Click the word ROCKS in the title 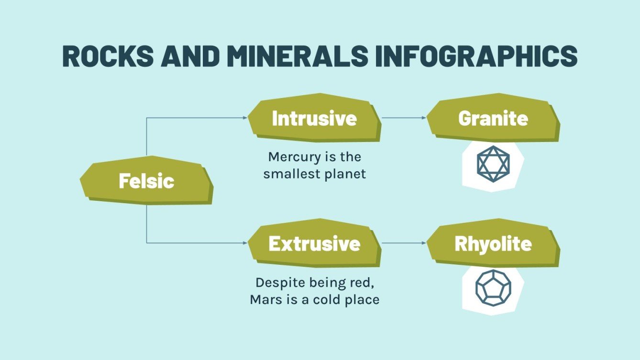pyautogui.click(x=108, y=56)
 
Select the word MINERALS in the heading pyautogui.click(x=297, y=56)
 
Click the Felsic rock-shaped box pyautogui.click(x=146, y=181)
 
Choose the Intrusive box pyautogui.click(x=314, y=119)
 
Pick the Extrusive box pyautogui.click(x=314, y=244)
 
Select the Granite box pyautogui.click(x=493, y=119)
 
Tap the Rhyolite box pyautogui.click(x=493, y=244)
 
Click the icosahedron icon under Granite pyautogui.click(x=493, y=164)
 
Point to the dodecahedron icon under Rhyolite pyautogui.click(x=493, y=288)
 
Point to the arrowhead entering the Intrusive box pyautogui.click(x=245, y=118)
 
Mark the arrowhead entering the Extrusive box pyautogui.click(x=245, y=243)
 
